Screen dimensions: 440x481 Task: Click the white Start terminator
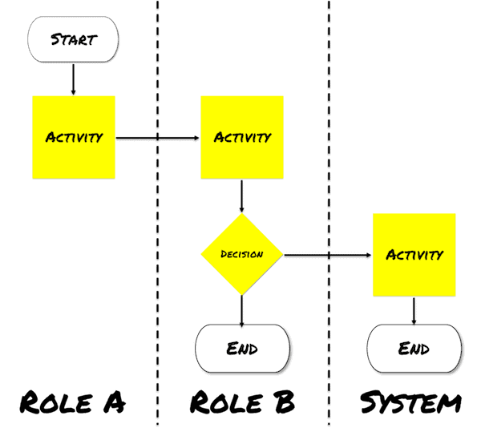pos(73,39)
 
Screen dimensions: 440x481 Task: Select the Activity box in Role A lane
pos(74,137)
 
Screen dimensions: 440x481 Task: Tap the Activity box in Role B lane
pos(241,137)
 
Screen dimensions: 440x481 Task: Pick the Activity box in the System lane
pos(414,255)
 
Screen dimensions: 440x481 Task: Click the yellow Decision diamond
pos(241,255)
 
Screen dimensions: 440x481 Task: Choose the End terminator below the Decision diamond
pos(243,349)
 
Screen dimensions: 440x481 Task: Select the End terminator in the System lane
pos(414,349)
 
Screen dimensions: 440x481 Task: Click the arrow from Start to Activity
pos(73,79)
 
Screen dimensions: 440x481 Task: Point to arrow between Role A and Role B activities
pos(158,138)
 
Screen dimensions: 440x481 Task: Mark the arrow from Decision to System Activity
pos(329,256)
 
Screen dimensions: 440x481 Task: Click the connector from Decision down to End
pos(241,309)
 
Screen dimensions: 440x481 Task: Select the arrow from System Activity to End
pos(414,310)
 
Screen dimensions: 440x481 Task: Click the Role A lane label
pos(72,402)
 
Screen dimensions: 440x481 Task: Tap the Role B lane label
pos(242,402)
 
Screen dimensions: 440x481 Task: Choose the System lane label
pos(410,402)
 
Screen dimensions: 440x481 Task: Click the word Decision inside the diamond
pos(241,255)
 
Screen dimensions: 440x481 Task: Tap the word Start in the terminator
pos(73,39)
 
